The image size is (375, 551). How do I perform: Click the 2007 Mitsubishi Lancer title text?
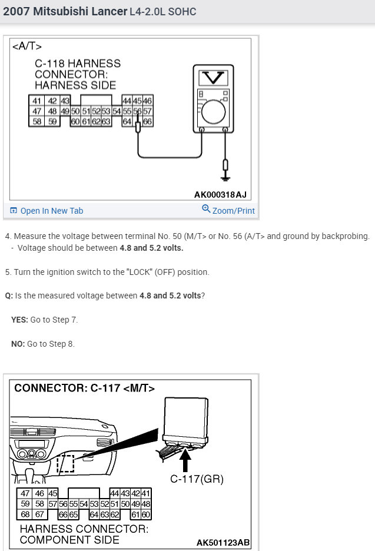tap(65, 11)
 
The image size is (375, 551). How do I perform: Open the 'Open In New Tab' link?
tap(51, 211)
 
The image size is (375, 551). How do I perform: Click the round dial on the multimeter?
tap(213, 109)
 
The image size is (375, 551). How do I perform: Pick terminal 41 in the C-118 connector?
tap(38, 101)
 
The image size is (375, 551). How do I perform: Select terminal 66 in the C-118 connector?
tap(147, 121)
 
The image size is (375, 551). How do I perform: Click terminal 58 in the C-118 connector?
tap(38, 121)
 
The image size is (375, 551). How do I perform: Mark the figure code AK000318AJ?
tap(220, 194)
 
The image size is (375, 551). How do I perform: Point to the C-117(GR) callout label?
tap(197, 479)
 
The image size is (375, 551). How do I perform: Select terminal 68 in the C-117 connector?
tap(25, 514)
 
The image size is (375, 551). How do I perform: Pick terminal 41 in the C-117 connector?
tap(145, 493)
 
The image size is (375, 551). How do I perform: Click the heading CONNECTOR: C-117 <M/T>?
tap(84, 388)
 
